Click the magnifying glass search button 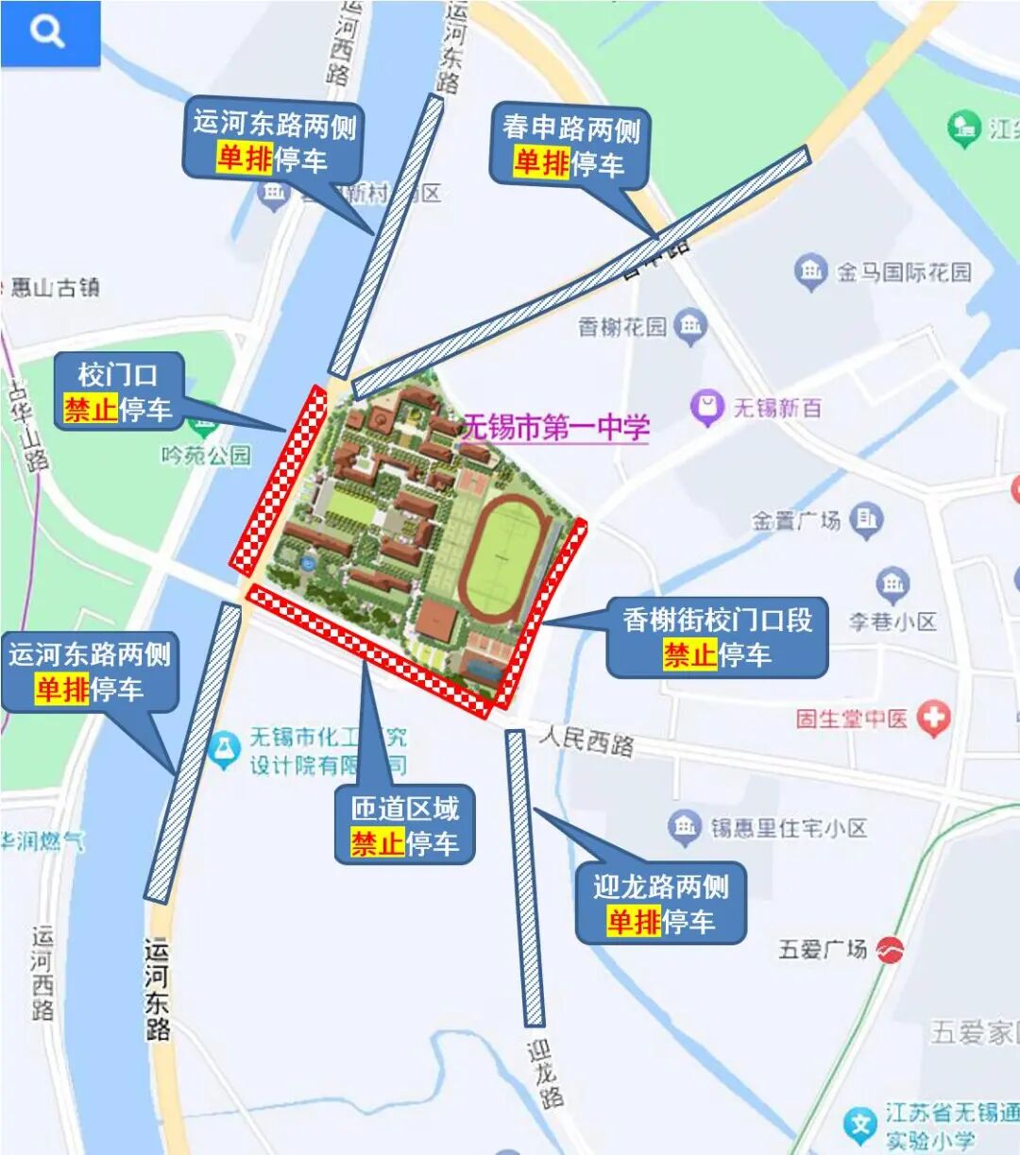[48, 33]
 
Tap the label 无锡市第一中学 [555, 428]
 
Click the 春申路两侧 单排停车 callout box [569, 145]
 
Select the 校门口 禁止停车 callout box [117, 392]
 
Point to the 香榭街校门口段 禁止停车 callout [717, 637]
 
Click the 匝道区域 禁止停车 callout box [404, 825]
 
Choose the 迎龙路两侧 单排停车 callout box [660, 904]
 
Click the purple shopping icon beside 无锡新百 [705, 408]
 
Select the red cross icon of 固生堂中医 [934, 720]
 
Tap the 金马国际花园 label [903, 273]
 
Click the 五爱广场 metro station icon [889, 949]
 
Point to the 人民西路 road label [586, 740]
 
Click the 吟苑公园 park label [206, 455]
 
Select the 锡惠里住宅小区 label [789, 828]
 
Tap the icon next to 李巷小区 [892, 586]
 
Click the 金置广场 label [795, 520]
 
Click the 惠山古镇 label [54, 288]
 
